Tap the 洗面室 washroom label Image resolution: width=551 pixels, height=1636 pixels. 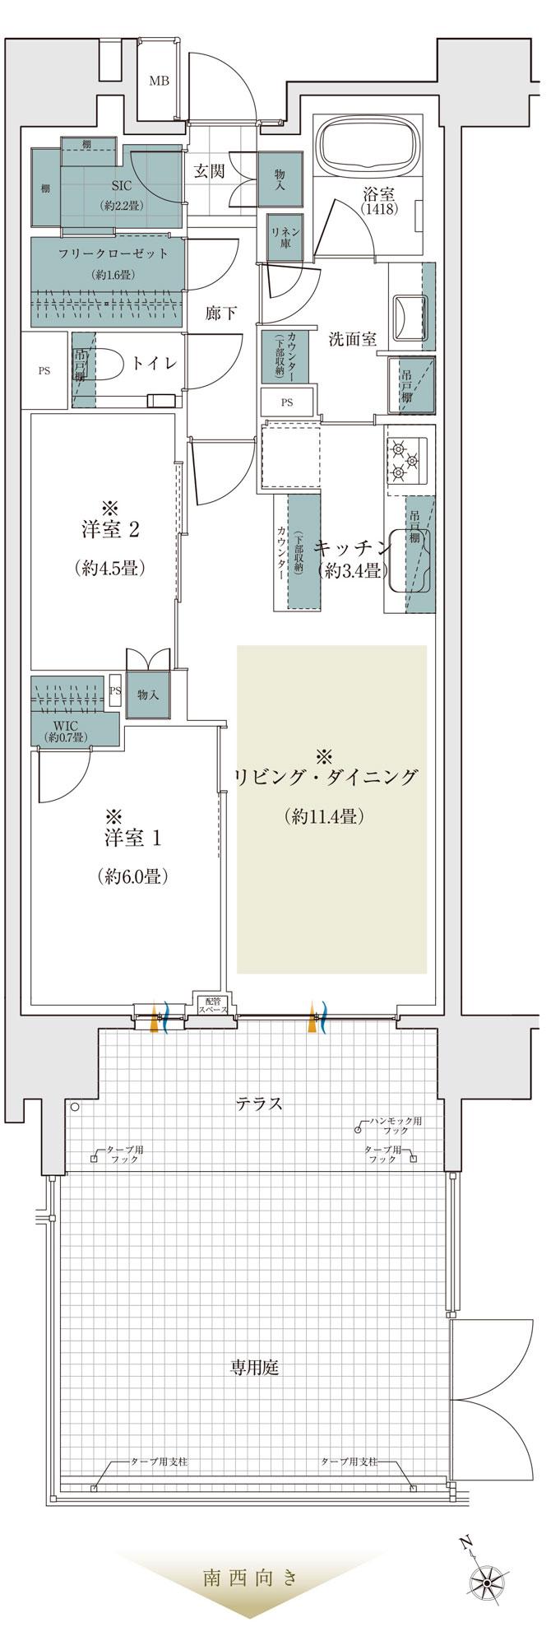point(352,339)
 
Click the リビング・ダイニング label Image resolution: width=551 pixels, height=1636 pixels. point(326,778)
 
